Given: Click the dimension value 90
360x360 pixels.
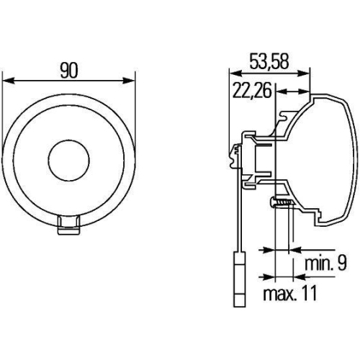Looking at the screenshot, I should point(70,69).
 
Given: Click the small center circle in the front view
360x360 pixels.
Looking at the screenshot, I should point(69,158).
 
